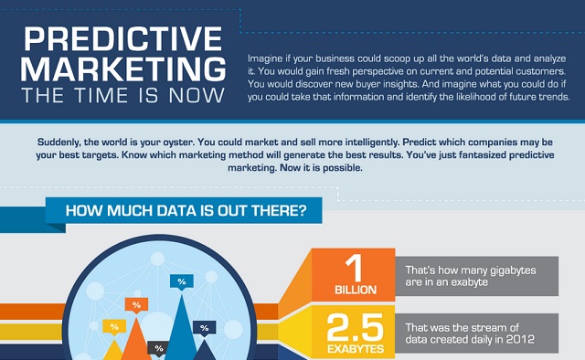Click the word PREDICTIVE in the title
122,37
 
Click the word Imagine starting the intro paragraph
266,58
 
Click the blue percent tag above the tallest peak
181,281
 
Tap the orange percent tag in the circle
136,304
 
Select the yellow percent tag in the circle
114,326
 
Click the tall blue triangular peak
182,329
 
